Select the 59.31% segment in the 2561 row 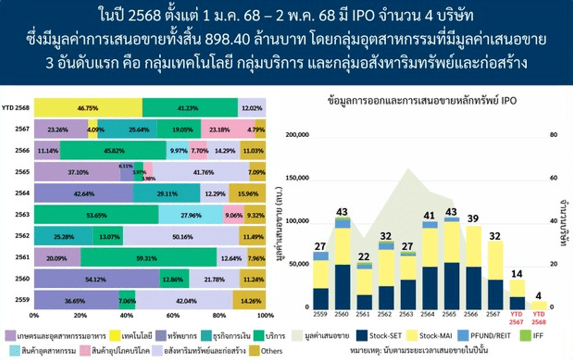148,258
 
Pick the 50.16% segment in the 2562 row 181,236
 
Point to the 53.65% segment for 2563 96,214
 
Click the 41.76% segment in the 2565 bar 200,172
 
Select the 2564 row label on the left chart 22,193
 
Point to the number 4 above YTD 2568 538,294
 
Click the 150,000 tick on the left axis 297,178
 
